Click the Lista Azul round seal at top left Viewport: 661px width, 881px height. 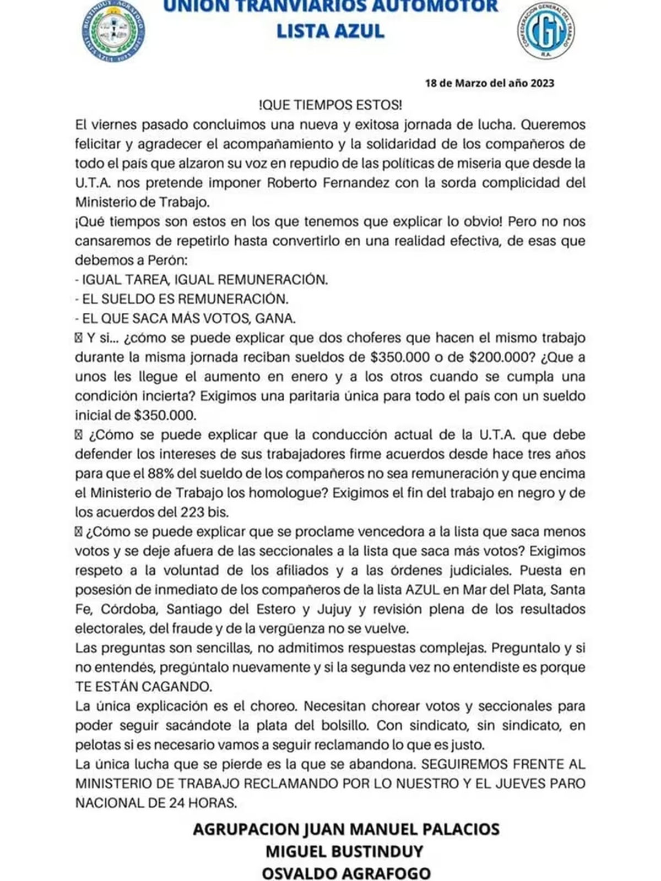[x=114, y=32]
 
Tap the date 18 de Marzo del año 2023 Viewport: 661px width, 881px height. [x=490, y=83]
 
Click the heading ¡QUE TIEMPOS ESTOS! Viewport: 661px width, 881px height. [x=330, y=105]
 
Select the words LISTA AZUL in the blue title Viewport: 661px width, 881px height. [x=330, y=31]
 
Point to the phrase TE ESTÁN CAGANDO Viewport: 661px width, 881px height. [x=143, y=687]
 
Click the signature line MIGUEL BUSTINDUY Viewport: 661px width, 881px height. [x=345, y=851]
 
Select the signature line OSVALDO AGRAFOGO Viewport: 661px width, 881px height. [x=346, y=873]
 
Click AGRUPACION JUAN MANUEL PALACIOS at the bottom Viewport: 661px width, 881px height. [x=346, y=829]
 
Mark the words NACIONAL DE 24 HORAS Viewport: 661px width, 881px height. [x=156, y=803]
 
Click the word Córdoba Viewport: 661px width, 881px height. [x=131, y=609]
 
